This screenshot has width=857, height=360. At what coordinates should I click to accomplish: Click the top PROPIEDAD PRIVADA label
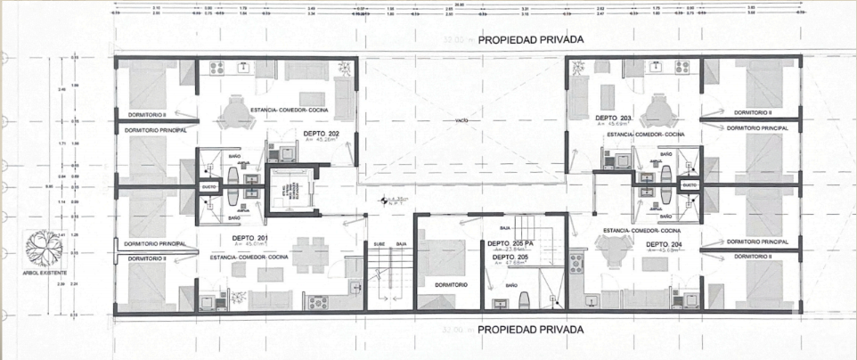(x=530, y=41)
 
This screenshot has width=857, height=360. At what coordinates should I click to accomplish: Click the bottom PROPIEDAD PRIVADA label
(x=530, y=330)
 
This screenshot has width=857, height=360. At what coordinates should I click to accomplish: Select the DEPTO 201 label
(x=250, y=238)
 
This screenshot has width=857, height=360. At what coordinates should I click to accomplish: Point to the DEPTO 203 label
(x=614, y=118)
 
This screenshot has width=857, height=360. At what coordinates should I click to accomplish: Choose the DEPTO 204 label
(x=664, y=243)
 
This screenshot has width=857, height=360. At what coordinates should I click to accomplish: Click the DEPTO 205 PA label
(x=510, y=243)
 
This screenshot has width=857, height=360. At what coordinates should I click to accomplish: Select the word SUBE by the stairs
(x=379, y=243)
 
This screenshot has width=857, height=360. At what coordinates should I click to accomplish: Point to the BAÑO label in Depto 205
(x=511, y=285)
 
